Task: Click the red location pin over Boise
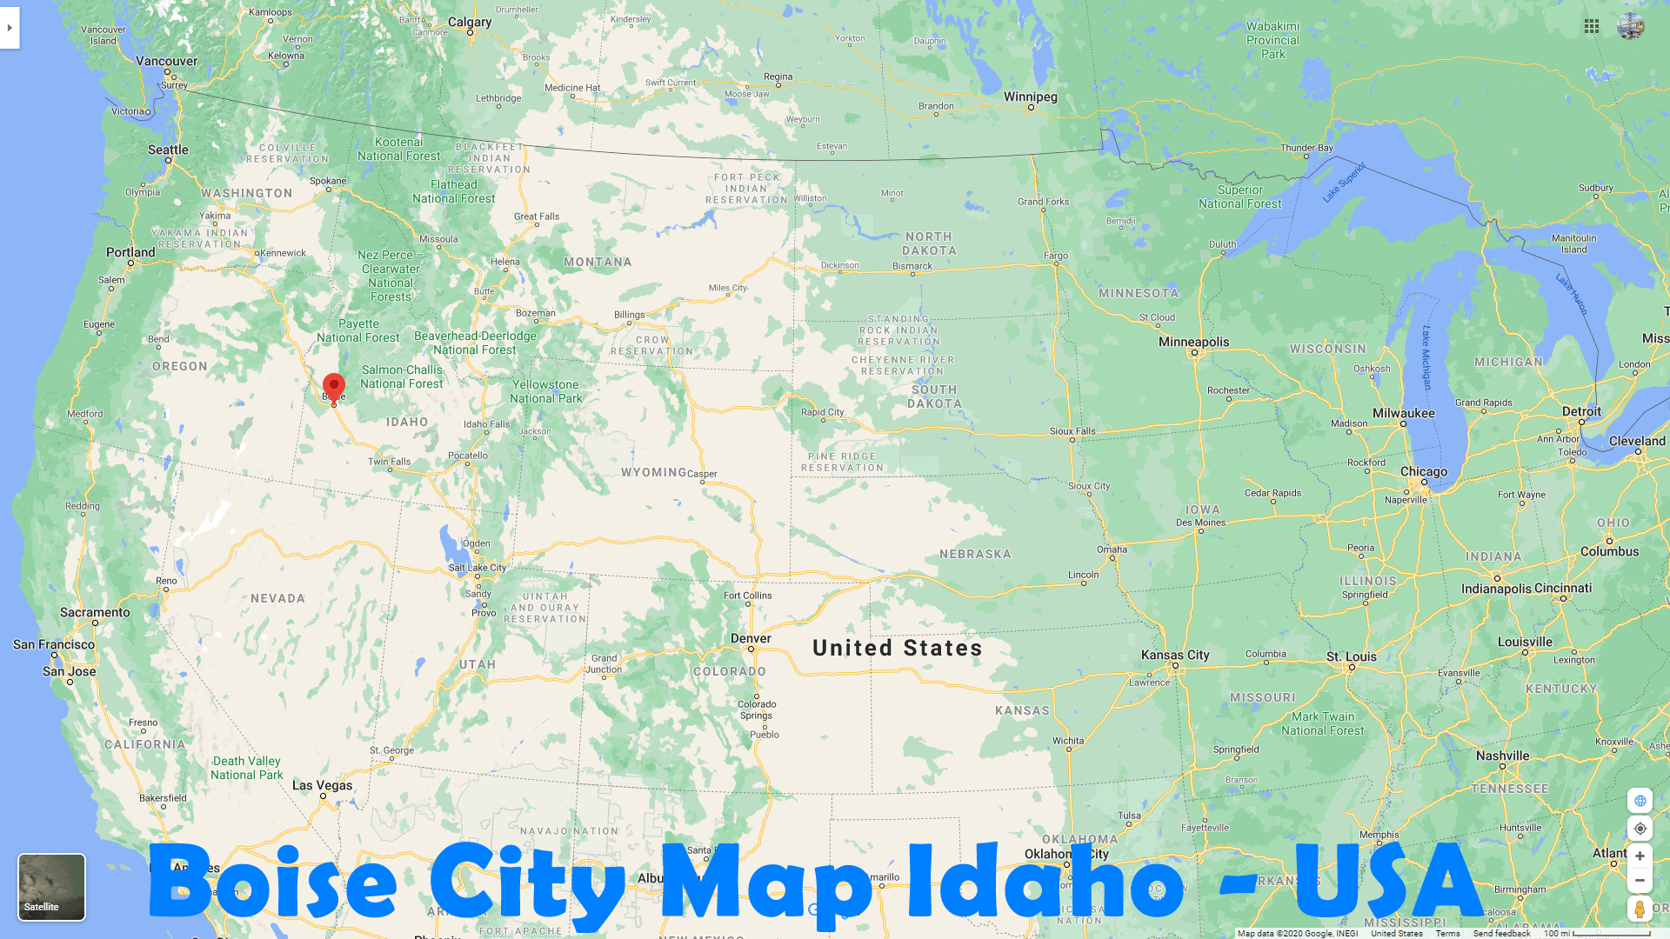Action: (x=334, y=385)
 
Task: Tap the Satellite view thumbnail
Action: (x=51, y=886)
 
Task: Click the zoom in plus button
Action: (x=1640, y=856)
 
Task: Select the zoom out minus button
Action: (x=1640, y=881)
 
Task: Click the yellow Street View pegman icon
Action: (x=1640, y=909)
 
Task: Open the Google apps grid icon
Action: (x=1592, y=27)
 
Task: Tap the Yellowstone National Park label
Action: (x=545, y=391)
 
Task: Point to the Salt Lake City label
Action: (x=478, y=568)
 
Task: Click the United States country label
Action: (x=897, y=648)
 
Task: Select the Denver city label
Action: (x=751, y=638)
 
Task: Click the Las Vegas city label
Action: (x=323, y=785)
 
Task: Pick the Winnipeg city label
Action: (x=1031, y=97)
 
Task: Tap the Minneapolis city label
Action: (x=1193, y=342)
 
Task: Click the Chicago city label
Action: (x=1424, y=471)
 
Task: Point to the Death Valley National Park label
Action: (x=247, y=768)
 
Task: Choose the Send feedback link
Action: (x=1501, y=933)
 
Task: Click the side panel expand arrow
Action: (x=10, y=28)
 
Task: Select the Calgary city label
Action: (x=470, y=22)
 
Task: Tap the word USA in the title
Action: (x=1388, y=880)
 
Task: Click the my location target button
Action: (x=1640, y=829)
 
